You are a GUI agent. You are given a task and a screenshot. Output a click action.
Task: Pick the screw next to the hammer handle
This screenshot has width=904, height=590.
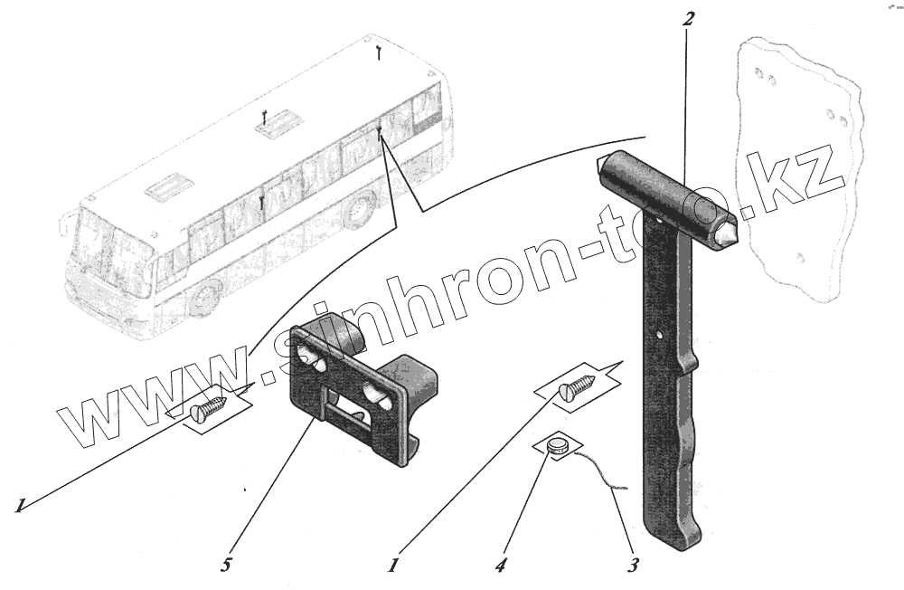(576, 386)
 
